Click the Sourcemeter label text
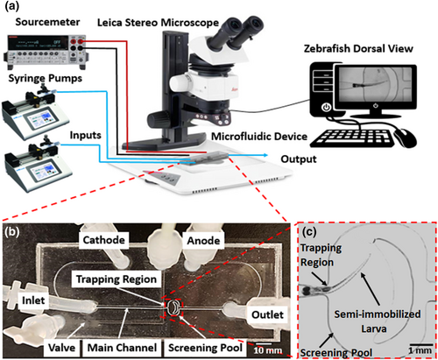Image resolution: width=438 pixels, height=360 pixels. tap(47, 22)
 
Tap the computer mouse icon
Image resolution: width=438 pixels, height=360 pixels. tap(406, 138)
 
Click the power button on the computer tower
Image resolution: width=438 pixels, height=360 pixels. tap(326, 108)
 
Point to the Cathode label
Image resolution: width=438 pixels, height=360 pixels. tap(104, 240)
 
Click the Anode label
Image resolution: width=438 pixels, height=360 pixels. tap(203, 241)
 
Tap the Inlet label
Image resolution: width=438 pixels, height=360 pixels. tap(33, 300)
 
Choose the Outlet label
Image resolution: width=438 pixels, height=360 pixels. tap(267, 314)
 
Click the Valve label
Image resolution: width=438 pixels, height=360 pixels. tap(61, 348)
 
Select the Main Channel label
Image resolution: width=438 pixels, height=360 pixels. tap(122, 348)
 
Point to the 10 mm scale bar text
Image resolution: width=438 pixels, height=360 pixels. tap(267, 350)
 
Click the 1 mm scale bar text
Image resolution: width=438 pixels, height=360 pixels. tap(420, 350)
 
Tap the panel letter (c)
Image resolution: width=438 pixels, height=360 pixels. tap(309, 231)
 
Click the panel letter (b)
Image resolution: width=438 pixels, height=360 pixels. tap(12, 231)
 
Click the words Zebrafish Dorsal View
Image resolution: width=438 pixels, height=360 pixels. tap(358, 48)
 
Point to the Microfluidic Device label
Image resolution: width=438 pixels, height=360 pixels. tap(259, 137)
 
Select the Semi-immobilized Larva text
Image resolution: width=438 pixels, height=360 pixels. tap(378, 321)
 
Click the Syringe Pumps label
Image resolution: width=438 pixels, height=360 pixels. tap(46, 78)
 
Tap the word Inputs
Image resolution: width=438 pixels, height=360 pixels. tap(85, 135)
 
